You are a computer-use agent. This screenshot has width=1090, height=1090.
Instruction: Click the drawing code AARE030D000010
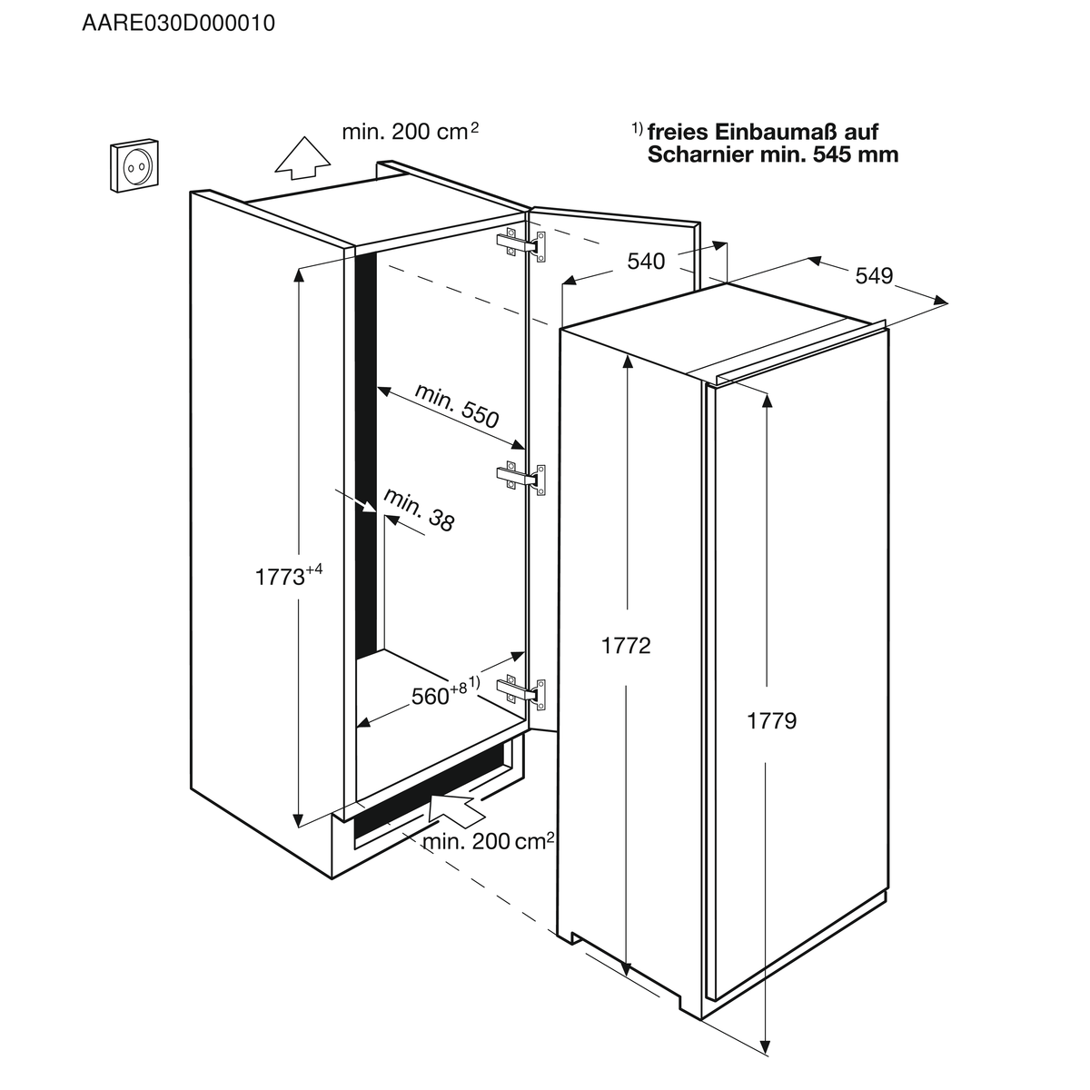pyautogui.click(x=179, y=24)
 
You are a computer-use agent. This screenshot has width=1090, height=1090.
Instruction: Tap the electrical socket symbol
pyautogui.click(x=134, y=165)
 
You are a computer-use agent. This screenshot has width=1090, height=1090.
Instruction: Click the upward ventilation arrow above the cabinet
pyautogui.click(x=302, y=158)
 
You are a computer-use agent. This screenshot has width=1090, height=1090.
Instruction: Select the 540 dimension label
pyautogui.click(x=646, y=262)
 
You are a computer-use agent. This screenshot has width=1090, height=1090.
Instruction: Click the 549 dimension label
pyautogui.click(x=874, y=275)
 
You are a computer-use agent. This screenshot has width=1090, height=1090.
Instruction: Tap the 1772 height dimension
pyautogui.click(x=626, y=646)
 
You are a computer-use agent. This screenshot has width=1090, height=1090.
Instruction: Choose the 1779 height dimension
pyautogui.click(x=771, y=720)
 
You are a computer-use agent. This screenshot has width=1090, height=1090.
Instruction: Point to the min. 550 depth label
pyautogui.click(x=457, y=405)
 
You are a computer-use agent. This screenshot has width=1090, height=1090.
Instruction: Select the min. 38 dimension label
pyautogui.click(x=419, y=510)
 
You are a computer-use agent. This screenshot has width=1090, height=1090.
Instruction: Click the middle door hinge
pyautogui.click(x=521, y=478)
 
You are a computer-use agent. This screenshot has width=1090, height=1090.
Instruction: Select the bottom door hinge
pyautogui.click(x=521, y=691)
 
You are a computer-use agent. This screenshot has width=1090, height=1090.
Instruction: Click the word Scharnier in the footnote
pyautogui.click(x=700, y=154)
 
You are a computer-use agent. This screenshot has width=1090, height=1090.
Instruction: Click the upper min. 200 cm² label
pyautogui.click(x=410, y=132)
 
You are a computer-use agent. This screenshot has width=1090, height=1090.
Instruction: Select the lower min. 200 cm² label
pyautogui.click(x=488, y=842)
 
